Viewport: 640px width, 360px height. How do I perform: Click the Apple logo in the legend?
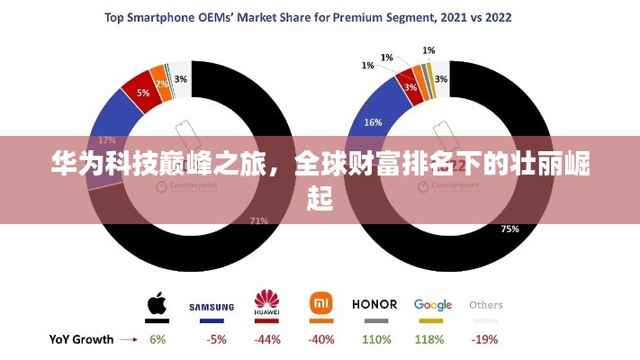(158, 303)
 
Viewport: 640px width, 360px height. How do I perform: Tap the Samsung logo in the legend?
(212, 307)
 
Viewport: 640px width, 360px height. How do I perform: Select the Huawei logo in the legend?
(266, 301)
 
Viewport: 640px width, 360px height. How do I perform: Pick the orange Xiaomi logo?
(321, 302)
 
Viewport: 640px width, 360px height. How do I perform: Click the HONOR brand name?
(374, 304)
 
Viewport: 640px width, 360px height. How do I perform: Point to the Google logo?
(433, 304)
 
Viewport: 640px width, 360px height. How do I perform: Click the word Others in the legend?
(486, 304)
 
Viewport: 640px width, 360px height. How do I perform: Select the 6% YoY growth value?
(158, 339)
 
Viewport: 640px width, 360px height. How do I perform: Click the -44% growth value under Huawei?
(266, 339)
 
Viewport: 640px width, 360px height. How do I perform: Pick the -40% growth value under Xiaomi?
(320, 339)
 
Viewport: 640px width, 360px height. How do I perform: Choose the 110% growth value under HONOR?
(375, 339)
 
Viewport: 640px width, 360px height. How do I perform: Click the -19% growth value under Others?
(486, 339)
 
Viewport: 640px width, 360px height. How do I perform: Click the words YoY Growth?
(81, 339)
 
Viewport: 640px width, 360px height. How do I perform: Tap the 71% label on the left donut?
(259, 220)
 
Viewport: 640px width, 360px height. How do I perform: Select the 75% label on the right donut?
(509, 229)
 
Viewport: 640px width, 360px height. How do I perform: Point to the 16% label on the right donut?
(372, 121)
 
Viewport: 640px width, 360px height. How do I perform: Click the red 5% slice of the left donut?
(143, 92)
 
